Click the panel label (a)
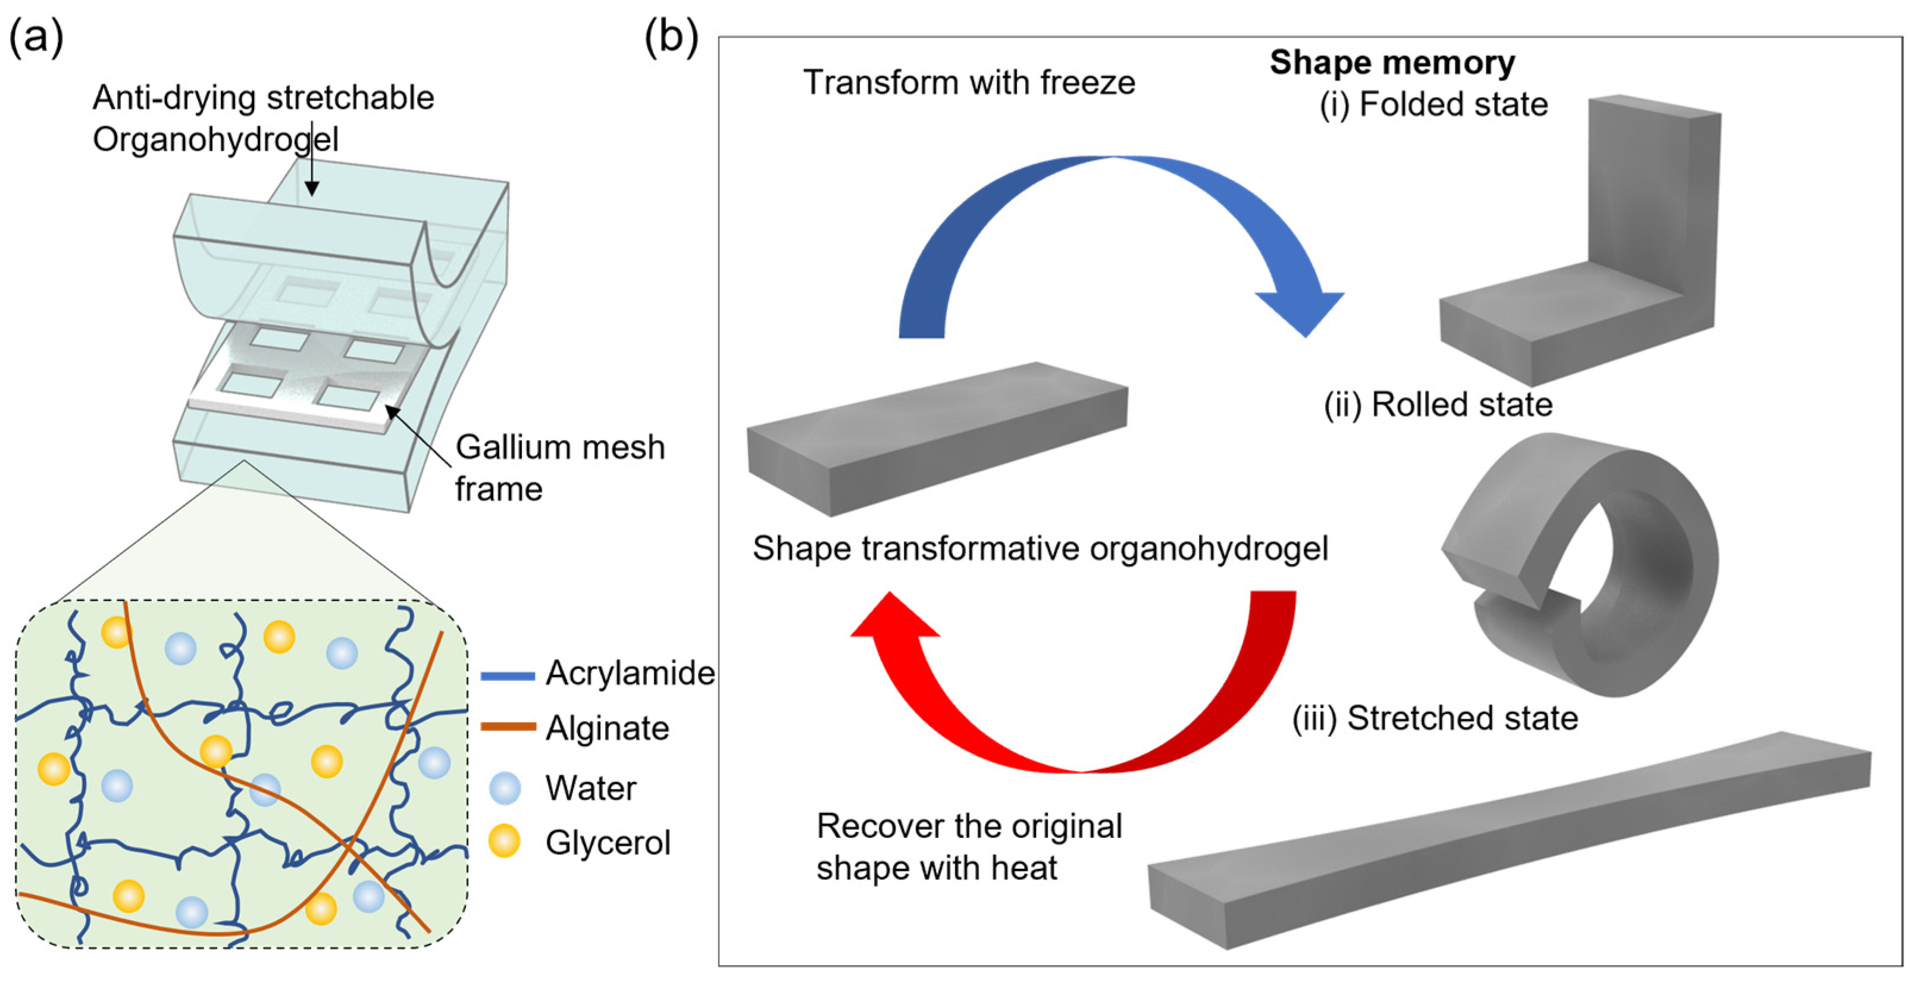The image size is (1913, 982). point(36,37)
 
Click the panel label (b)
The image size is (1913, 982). point(671,37)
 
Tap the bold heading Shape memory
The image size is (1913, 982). point(1392,62)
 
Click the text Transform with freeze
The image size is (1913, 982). point(969,83)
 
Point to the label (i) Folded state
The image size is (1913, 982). point(1433,104)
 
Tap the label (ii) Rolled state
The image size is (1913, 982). point(1438,405)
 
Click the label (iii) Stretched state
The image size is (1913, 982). point(1435,718)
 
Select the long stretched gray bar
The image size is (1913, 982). point(1508,839)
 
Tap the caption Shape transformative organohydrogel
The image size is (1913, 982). point(1040,549)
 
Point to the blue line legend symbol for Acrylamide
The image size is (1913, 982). point(508,675)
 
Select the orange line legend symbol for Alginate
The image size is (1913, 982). point(508,727)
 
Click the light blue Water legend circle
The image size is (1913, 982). point(505,788)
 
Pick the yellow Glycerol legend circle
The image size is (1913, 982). point(504,842)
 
